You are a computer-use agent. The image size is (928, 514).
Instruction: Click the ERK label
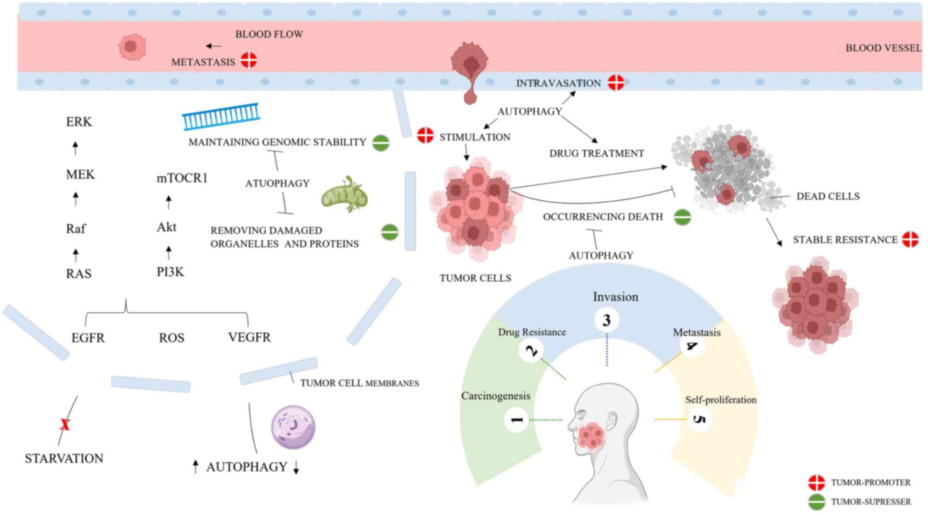pyautogui.click(x=79, y=122)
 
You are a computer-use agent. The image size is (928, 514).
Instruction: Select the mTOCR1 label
pyautogui.click(x=182, y=178)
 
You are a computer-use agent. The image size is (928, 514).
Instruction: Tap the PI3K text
pyautogui.click(x=170, y=272)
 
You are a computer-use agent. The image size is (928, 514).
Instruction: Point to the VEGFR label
pyautogui.click(x=249, y=337)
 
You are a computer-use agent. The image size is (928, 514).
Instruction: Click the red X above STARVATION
pyautogui.click(x=65, y=425)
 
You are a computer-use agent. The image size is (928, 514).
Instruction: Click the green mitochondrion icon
pyautogui.click(x=345, y=195)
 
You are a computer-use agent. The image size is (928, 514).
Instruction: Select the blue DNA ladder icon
pyautogui.click(x=221, y=116)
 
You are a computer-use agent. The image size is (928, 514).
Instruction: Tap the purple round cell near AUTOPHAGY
pyautogui.click(x=293, y=427)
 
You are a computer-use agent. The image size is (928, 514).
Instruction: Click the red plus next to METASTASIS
pyautogui.click(x=249, y=60)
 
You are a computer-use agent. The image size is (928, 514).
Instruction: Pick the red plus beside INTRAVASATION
pyautogui.click(x=616, y=83)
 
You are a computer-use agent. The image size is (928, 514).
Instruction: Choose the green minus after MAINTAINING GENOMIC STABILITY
pyautogui.click(x=381, y=143)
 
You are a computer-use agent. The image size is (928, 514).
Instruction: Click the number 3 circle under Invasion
pyautogui.click(x=606, y=320)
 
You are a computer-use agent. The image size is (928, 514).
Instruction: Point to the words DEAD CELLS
pyautogui.click(x=828, y=196)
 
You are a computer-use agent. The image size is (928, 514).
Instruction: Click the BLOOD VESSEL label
pyautogui.click(x=883, y=48)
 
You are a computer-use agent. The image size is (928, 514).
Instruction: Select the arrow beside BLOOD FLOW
pyautogui.click(x=214, y=46)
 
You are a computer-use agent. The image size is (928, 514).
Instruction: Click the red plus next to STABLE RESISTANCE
pyautogui.click(x=910, y=239)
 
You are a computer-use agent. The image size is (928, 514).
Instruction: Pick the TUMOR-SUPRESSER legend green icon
pyautogui.click(x=816, y=502)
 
